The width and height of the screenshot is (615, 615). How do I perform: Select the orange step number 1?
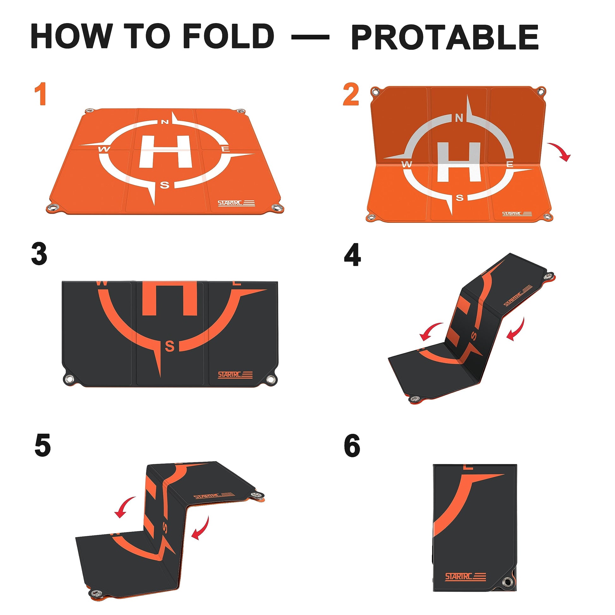tap(41, 94)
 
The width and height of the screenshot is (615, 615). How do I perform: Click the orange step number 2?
tap(351, 94)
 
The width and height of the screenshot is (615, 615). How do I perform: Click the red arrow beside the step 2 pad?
tap(559, 150)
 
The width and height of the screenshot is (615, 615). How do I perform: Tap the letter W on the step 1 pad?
tap(104, 149)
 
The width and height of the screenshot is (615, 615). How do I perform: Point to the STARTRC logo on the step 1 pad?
tap(236, 203)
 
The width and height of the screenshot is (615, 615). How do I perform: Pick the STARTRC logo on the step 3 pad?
tap(235, 375)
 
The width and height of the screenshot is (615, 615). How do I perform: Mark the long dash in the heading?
tap(310, 38)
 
